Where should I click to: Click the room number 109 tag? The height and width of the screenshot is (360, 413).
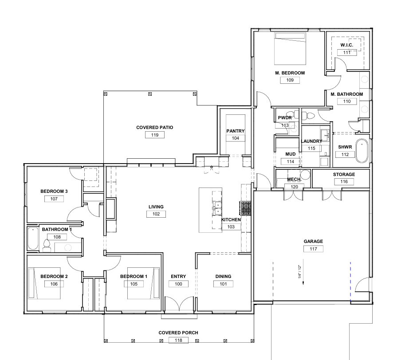click(290, 80)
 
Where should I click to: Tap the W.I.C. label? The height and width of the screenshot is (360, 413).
click(346, 45)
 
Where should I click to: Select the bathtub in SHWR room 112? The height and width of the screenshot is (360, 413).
click(362, 151)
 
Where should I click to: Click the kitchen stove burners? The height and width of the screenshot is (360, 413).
click(245, 208)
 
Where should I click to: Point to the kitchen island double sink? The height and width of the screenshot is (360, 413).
click(217, 208)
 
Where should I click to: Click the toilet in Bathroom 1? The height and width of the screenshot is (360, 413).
click(47, 246)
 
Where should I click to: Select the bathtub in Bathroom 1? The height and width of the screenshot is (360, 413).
click(33, 239)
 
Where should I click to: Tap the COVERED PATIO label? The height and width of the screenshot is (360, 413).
click(155, 127)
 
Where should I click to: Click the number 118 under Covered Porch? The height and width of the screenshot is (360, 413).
click(178, 340)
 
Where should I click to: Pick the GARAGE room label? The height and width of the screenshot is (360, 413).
click(313, 241)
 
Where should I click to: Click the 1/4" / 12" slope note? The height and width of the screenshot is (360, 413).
click(299, 272)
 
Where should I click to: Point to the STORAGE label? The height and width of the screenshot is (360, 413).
click(344, 175)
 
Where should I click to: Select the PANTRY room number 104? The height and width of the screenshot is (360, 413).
click(235, 138)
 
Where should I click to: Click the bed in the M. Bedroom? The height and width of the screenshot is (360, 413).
click(290, 49)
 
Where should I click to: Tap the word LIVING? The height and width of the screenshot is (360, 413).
click(156, 207)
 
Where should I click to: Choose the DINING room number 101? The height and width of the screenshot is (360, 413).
click(223, 284)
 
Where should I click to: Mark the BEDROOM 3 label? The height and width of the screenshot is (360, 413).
click(54, 192)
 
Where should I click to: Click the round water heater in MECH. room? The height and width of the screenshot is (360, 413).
click(305, 175)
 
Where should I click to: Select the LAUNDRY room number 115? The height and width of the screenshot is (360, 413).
click(311, 149)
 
